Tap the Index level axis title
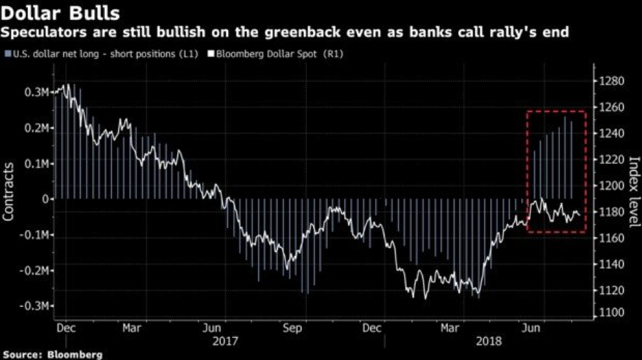pos(633,192)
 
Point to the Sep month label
pos(292,327)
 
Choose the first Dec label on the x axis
pos(66,327)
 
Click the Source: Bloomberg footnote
pos(52,355)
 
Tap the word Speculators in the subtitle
pos(38,32)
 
